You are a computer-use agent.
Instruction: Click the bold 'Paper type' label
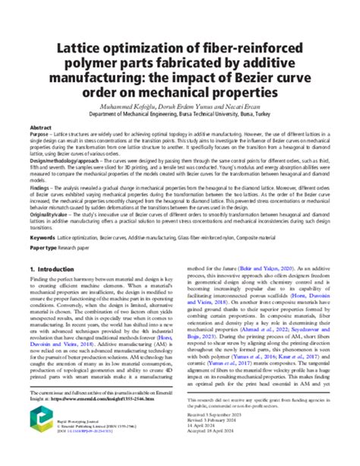tap(44, 249)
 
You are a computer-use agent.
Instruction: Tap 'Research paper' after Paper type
tap(81, 249)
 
